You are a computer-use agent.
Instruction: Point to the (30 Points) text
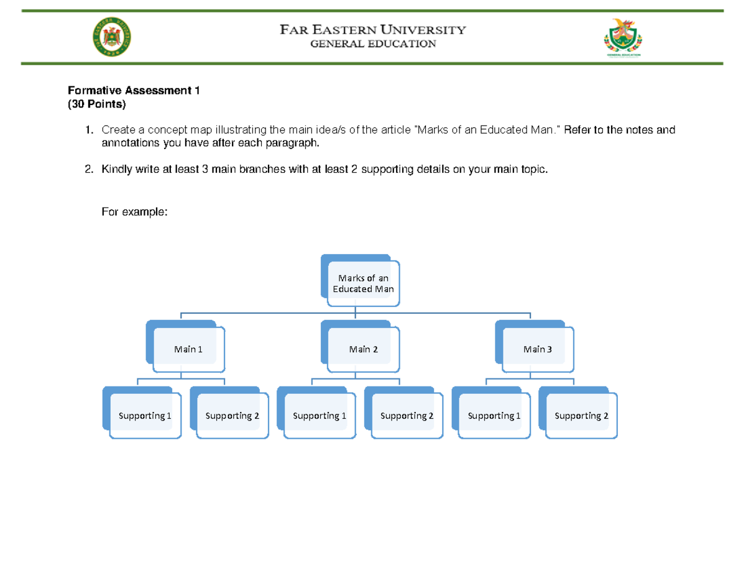click(x=96, y=104)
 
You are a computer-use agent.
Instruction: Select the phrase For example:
click(x=134, y=212)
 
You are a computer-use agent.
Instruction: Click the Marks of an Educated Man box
click(x=363, y=283)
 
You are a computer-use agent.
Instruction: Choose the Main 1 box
click(x=188, y=349)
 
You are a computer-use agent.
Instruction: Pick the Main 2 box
click(x=363, y=349)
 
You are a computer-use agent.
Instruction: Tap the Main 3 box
click(x=538, y=349)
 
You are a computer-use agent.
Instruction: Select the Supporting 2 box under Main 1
click(x=232, y=416)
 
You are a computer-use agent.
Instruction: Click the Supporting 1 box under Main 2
click(x=320, y=416)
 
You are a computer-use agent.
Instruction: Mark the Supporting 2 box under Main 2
click(x=407, y=416)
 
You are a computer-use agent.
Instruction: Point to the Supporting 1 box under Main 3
click(x=494, y=416)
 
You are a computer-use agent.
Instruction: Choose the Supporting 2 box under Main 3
click(x=581, y=416)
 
